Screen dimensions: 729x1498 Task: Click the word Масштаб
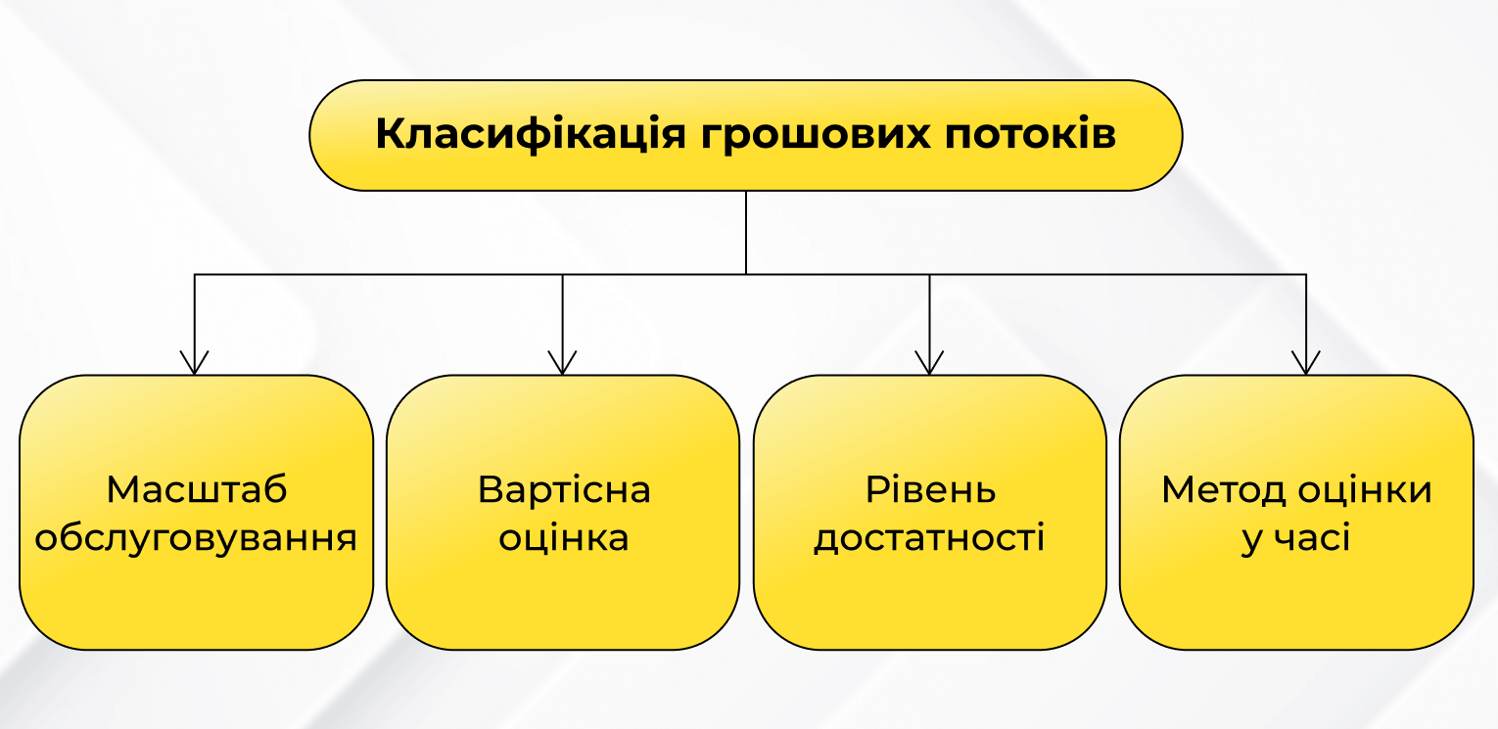click(x=197, y=489)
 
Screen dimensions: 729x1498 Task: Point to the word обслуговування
click(x=197, y=538)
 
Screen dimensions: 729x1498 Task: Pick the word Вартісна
click(x=564, y=489)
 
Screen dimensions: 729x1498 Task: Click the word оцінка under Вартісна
click(x=564, y=538)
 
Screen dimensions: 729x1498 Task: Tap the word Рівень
click(x=930, y=489)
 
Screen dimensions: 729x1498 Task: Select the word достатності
click(x=930, y=538)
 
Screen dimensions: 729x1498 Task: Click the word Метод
click(x=1223, y=489)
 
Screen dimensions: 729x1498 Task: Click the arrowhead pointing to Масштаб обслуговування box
click(x=195, y=363)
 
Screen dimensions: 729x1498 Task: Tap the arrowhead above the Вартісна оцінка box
click(x=562, y=363)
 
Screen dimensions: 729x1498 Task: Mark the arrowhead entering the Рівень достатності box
click(x=929, y=363)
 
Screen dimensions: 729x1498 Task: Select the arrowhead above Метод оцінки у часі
click(x=1306, y=363)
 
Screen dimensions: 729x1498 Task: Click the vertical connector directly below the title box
click(x=746, y=232)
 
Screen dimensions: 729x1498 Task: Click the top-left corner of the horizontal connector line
click(x=195, y=274)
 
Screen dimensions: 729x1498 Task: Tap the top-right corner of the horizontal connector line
click(x=1306, y=274)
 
